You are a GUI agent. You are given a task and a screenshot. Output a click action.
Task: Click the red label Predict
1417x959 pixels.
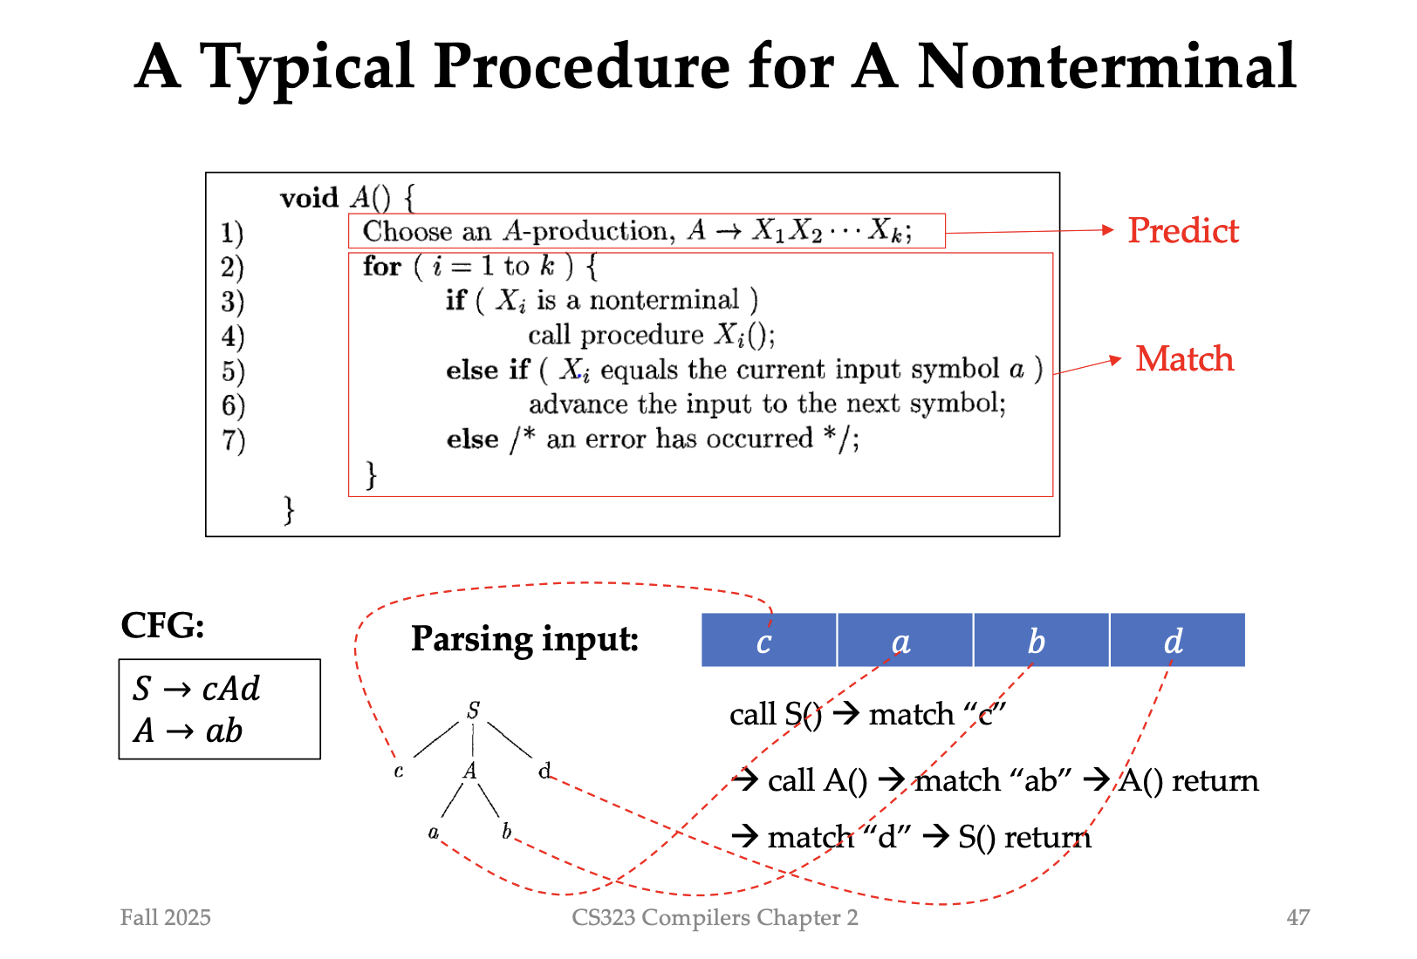(x=1182, y=231)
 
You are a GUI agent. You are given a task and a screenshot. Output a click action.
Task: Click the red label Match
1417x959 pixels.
(x=1184, y=359)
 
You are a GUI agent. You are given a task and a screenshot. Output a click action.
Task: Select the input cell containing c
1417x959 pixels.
(x=768, y=641)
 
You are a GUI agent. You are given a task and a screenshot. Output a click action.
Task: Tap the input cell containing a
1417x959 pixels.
(x=904, y=641)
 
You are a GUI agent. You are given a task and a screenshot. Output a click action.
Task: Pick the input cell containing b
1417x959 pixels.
(x=1040, y=641)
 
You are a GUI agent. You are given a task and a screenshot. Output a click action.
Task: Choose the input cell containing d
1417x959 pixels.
(x=1176, y=641)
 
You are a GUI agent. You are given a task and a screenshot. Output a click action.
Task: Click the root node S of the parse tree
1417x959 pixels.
(x=473, y=711)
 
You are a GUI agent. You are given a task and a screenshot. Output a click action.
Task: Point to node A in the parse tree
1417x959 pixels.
(x=470, y=771)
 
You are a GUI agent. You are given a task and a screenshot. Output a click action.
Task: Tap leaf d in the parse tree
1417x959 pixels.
(x=544, y=771)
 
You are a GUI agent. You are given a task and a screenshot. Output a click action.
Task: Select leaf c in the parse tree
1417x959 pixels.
(x=399, y=772)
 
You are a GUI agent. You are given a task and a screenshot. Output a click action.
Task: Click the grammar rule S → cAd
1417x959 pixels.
(x=196, y=689)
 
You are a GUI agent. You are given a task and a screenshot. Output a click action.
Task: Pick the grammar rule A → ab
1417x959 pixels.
(x=188, y=731)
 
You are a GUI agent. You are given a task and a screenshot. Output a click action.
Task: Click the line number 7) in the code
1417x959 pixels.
(x=233, y=440)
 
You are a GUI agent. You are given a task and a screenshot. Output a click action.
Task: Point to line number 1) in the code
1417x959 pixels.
(x=232, y=233)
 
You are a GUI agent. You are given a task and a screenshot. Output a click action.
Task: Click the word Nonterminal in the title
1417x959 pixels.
(x=1106, y=66)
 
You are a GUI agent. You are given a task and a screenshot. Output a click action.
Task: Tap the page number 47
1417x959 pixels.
(x=1297, y=917)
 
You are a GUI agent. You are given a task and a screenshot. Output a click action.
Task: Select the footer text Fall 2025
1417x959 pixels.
(x=166, y=917)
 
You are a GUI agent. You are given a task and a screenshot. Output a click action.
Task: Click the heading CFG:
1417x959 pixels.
(x=162, y=625)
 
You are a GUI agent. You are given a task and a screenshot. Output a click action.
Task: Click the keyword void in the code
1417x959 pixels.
(x=309, y=198)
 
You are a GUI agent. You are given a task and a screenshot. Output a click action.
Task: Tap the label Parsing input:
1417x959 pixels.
(x=524, y=640)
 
